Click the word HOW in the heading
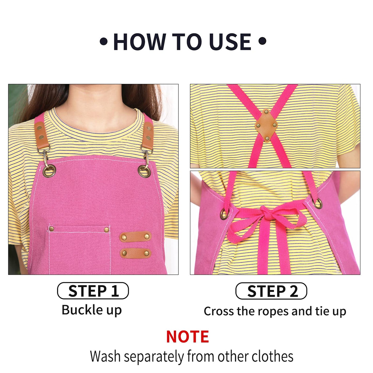click(x=140, y=42)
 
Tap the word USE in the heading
click(x=230, y=42)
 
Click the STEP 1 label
click(x=93, y=291)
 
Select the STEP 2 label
click(x=271, y=291)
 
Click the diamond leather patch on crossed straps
click(x=266, y=125)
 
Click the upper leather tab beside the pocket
click(x=135, y=236)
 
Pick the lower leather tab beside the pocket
click(x=136, y=253)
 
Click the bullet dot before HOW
click(x=104, y=41)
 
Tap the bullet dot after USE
click(x=262, y=41)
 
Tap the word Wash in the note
click(x=105, y=356)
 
